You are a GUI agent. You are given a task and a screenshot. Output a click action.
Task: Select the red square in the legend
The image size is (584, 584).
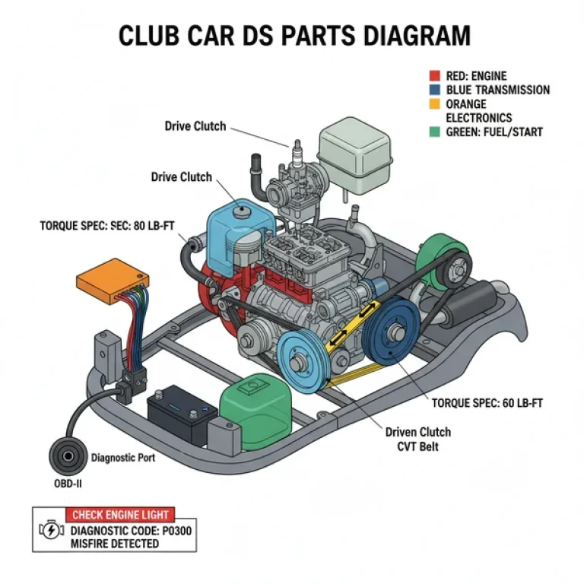click(434, 76)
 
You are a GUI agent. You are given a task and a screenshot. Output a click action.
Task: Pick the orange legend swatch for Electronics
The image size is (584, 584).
click(434, 103)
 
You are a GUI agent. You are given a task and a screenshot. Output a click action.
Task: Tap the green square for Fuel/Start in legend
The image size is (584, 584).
click(434, 132)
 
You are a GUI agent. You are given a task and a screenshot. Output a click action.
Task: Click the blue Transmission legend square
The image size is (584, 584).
click(434, 90)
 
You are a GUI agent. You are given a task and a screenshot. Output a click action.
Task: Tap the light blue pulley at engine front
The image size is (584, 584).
click(302, 356)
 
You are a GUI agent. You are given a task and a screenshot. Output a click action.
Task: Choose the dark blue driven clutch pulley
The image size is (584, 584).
click(396, 333)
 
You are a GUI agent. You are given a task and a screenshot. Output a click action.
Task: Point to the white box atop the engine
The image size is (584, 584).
click(354, 154)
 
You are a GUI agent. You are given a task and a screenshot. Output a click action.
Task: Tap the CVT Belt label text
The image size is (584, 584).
click(417, 446)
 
